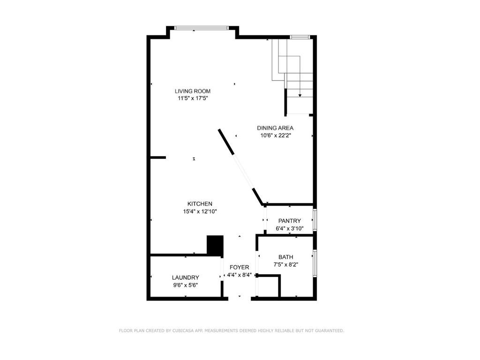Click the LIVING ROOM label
coord(193,91)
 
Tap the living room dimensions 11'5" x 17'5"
coord(193,98)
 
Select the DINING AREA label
coord(275,128)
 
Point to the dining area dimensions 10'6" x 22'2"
coord(275,136)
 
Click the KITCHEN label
coord(200,204)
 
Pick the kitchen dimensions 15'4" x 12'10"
coord(200,211)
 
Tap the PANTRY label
coord(289,221)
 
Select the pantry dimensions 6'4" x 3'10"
coord(290,229)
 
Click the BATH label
coord(285,257)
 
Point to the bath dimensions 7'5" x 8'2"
coord(285,264)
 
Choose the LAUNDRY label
coord(185,277)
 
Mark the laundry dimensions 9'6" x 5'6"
coord(185,285)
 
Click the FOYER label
coord(239,267)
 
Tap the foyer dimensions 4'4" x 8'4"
coord(240,275)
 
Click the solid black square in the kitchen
coord(215,245)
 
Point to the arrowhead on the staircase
coord(300,95)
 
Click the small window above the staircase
coord(300,37)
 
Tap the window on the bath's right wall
coord(315,264)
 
